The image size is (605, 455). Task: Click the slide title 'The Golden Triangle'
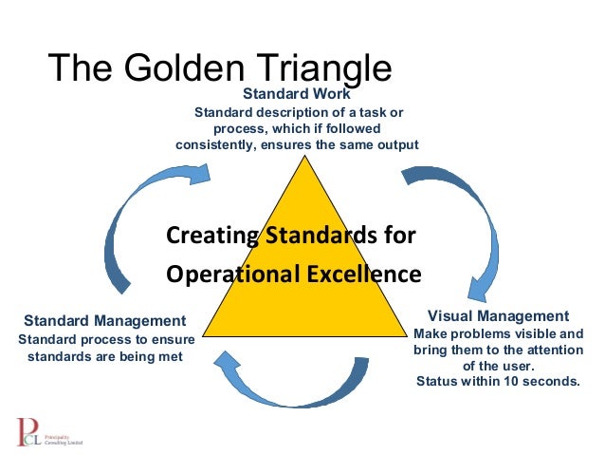point(219,67)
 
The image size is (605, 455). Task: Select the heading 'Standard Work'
point(297,94)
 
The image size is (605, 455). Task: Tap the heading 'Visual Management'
point(498,315)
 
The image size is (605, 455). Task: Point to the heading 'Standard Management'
point(104,320)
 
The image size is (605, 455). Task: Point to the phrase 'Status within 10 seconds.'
point(497,382)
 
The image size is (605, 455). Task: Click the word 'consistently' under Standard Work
point(215,145)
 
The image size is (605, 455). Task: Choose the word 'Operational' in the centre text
point(233,275)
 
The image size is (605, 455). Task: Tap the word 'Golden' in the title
point(188,67)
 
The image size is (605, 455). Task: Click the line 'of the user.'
point(498,366)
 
